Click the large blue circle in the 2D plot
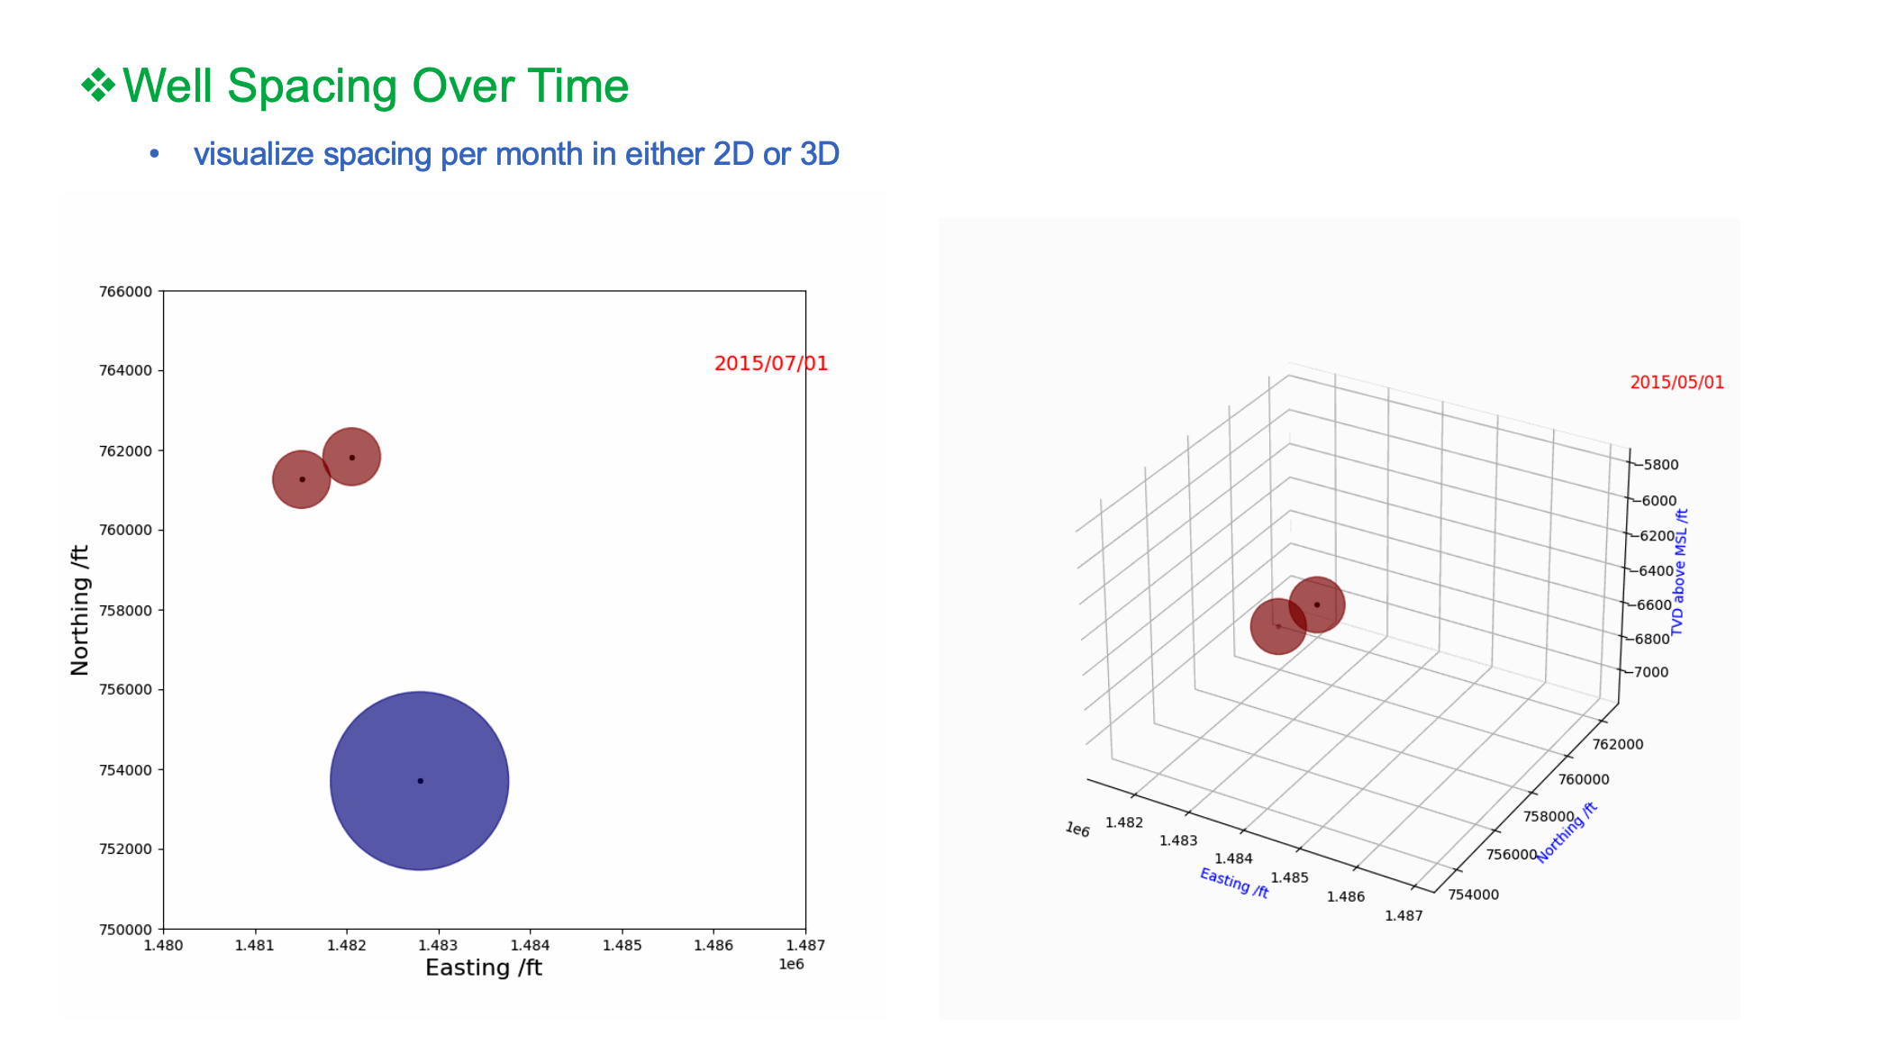point(419,780)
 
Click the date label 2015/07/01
point(771,363)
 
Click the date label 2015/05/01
point(1676,382)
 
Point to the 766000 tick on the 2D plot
point(125,291)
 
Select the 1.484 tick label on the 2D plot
point(530,945)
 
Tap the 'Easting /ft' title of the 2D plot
point(484,968)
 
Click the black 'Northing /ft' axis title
point(80,610)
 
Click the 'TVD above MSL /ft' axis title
point(1679,572)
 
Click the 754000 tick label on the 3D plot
point(1474,895)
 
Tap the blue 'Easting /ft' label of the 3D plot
point(1234,883)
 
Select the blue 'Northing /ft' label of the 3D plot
point(1567,832)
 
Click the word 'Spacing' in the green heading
point(313,87)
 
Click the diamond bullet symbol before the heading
point(98,86)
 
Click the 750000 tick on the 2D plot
point(125,929)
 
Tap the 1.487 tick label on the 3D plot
point(1404,915)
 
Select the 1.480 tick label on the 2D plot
point(163,945)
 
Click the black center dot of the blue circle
point(420,781)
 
